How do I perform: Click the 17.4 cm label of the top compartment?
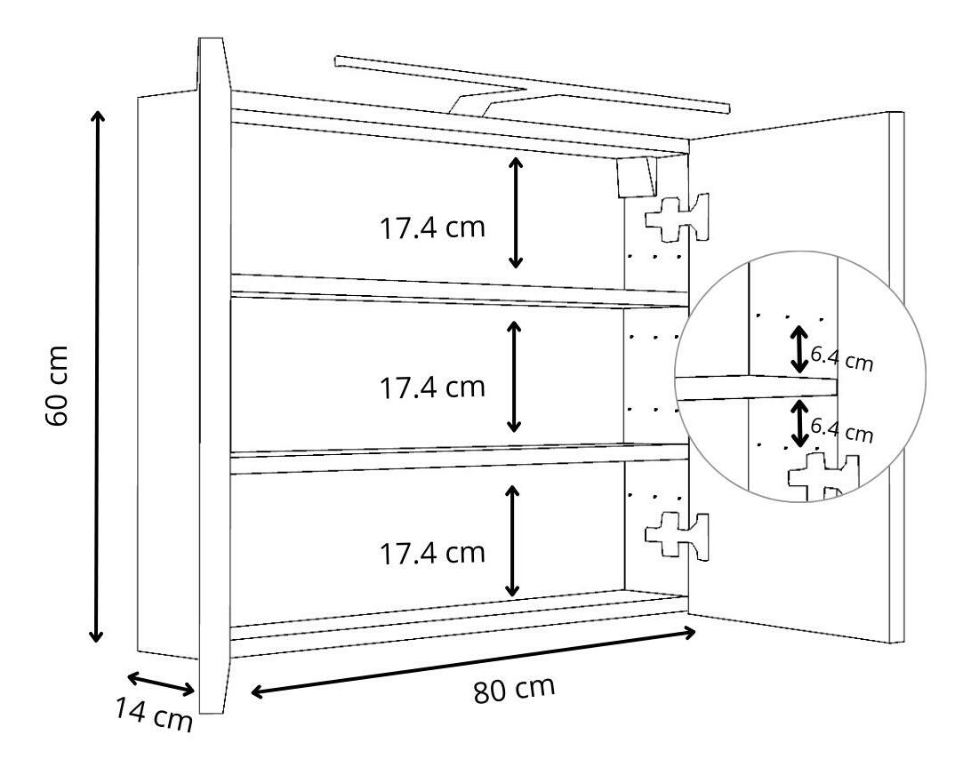click(x=433, y=228)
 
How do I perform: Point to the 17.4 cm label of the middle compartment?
click(x=433, y=387)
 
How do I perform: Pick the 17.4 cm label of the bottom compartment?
click(x=433, y=553)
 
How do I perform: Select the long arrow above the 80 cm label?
click(x=473, y=662)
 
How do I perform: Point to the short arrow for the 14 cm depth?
click(x=161, y=684)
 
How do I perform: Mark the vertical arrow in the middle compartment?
click(x=515, y=375)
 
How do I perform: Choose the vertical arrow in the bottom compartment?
click(x=512, y=540)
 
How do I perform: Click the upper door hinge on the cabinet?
click(x=678, y=217)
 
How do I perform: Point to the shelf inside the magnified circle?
click(x=756, y=387)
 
